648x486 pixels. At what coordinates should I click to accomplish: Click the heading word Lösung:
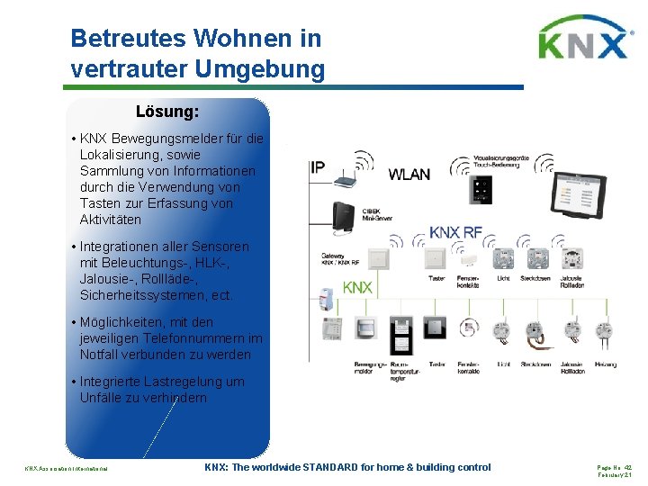pyautogui.click(x=167, y=112)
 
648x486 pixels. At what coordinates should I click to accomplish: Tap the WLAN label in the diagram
pyautogui.click(x=409, y=174)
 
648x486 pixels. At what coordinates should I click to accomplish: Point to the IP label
pyautogui.click(x=319, y=167)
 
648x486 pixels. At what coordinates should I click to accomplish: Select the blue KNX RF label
pyautogui.click(x=456, y=232)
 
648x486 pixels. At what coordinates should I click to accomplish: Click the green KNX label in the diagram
pyautogui.click(x=357, y=287)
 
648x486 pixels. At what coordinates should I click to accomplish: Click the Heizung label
pyautogui.click(x=606, y=364)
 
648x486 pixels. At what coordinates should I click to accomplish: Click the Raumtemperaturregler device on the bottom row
pyautogui.click(x=402, y=333)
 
